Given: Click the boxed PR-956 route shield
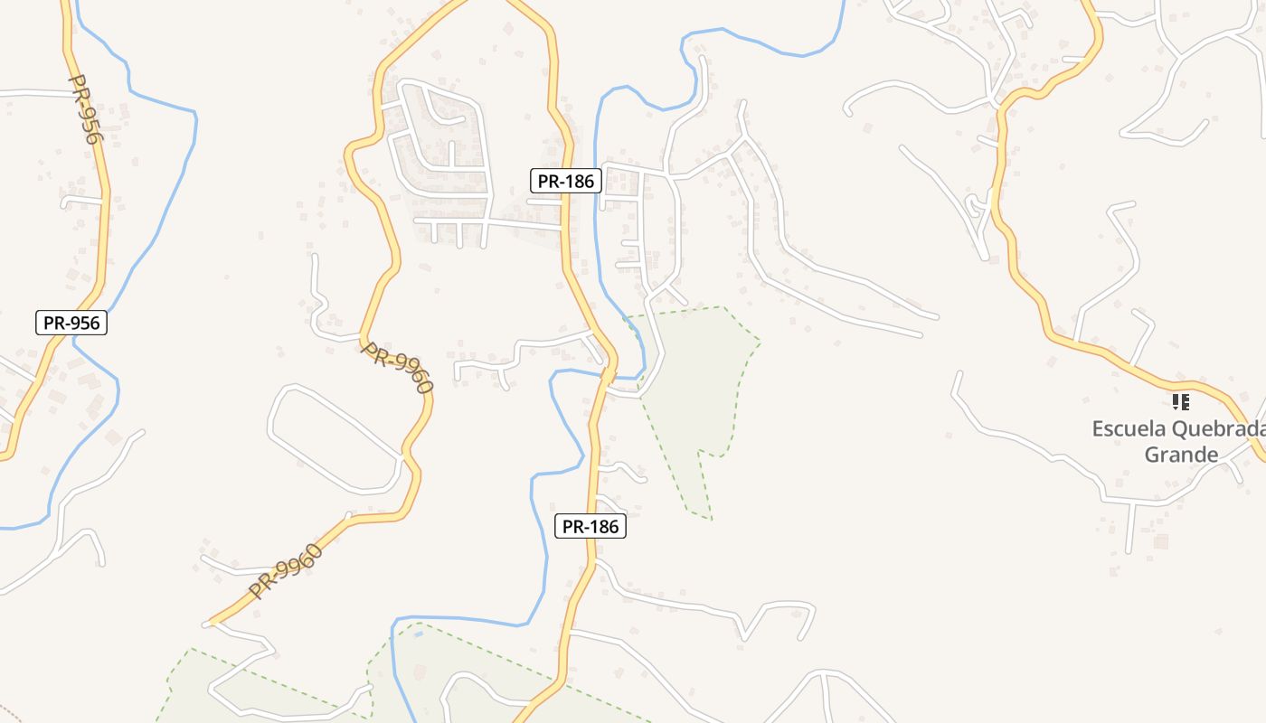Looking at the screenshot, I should [71, 323].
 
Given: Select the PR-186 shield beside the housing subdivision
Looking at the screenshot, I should [565, 181].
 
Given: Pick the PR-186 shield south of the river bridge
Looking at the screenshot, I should [590, 526].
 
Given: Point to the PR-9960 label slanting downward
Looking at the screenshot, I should [398, 368].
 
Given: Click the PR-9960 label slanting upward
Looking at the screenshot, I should [286, 571].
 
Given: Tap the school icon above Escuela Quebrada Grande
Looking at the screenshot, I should [1180, 401].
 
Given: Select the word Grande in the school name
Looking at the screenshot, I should [1181, 454].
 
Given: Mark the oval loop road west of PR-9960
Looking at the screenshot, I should [335, 438].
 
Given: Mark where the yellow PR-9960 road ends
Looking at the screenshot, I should [210, 623].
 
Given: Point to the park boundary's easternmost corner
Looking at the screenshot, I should [760, 342].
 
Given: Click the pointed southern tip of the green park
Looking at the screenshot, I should [711, 519].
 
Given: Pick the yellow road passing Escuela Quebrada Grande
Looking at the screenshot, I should [1121, 360].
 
